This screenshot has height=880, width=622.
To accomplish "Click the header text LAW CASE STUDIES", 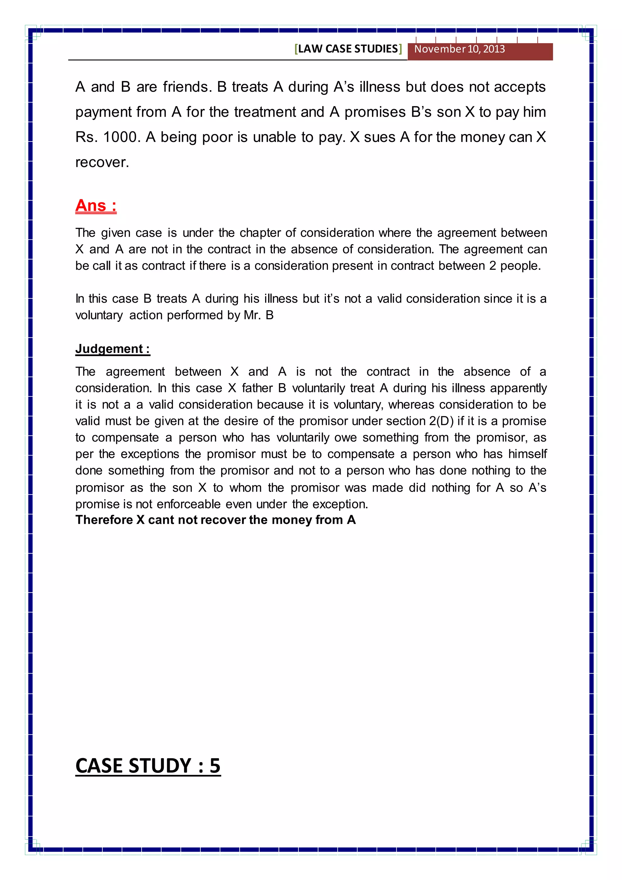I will coord(348,49).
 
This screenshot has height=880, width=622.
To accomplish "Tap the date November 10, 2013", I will coord(459,49).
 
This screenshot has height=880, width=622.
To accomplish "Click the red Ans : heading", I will coord(96,205).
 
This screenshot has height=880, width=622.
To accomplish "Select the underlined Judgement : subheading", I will coord(112,349).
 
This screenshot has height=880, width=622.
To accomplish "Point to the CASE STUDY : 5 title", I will coord(148,766).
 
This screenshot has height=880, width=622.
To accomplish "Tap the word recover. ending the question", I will coord(102,163).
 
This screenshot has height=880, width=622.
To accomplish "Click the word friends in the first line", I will coord(187,87).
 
